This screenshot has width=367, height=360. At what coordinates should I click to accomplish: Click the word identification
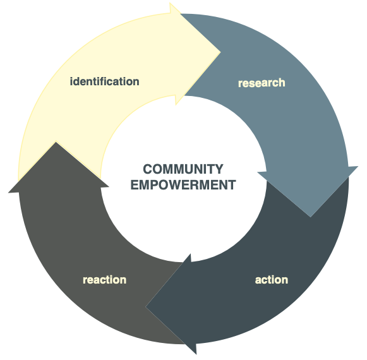105,81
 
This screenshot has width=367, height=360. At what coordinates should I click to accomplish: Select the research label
262,83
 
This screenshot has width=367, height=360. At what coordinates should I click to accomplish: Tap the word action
272,280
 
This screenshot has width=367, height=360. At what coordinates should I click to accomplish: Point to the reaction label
105,280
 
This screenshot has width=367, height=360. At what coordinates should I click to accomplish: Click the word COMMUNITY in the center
183,169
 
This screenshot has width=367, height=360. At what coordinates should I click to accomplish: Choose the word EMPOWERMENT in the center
183,185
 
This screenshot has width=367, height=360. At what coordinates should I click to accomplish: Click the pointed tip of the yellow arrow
220,52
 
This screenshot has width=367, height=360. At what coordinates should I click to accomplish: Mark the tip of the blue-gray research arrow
310,217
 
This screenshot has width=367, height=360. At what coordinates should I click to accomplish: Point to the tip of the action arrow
146,307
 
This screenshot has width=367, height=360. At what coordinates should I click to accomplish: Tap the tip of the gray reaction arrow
56,142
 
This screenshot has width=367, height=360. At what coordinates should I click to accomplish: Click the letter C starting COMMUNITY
148,169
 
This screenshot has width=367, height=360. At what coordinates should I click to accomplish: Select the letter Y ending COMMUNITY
219,169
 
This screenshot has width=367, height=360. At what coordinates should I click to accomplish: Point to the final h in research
282,83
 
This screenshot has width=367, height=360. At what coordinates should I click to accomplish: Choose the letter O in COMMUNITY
159,169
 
